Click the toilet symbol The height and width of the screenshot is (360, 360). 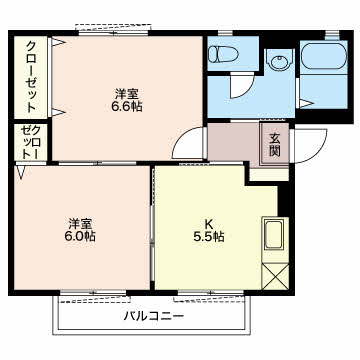223,54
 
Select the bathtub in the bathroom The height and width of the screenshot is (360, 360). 324,55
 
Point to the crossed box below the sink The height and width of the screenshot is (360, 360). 275,277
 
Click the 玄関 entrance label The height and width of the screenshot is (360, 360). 275,144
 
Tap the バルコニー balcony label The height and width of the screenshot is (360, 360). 154,315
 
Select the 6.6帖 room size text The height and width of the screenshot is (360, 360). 127,106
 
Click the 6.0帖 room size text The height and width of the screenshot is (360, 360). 80,236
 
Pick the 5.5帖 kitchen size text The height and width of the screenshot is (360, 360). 208,236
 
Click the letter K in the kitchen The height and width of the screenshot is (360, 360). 209,223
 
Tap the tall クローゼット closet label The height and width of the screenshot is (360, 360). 31,76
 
